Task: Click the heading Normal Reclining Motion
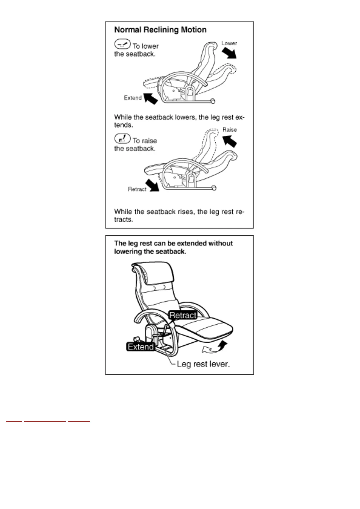click(x=160, y=30)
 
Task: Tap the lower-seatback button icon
click(x=123, y=44)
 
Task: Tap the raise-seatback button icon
click(x=123, y=139)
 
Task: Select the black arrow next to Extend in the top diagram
click(x=150, y=98)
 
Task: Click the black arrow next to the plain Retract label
click(x=152, y=185)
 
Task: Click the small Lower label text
click(x=229, y=43)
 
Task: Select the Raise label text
click(x=230, y=130)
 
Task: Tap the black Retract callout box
click(x=183, y=315)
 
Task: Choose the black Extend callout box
click(x=141, y=347)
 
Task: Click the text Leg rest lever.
click(x=203, y=364)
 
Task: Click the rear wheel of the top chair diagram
click(x=213, y=101)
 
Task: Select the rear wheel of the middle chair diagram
click(x=214, y=188)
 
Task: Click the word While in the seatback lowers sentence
click(x=123, y=117)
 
